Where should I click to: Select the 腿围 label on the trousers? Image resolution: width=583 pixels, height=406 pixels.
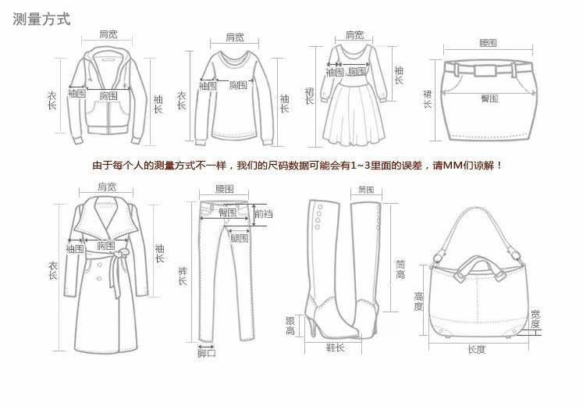tap(238, 238)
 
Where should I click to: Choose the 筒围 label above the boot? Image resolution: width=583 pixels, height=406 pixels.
tap(366, 190)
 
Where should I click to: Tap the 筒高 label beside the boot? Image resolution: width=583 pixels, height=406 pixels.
tap(400, 269)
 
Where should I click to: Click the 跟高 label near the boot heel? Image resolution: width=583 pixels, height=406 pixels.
tap(290, 326)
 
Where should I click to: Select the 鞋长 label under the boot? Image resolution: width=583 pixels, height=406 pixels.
tap(335, 348)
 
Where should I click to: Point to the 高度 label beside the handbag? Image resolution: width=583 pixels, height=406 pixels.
tap(418, 301)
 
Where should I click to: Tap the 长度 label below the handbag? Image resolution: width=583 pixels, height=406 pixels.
tap(476, 350)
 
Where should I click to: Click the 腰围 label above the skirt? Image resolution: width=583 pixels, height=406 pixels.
tap(488, 43)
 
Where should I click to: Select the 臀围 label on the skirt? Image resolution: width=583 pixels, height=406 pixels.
tap(489, 98)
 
